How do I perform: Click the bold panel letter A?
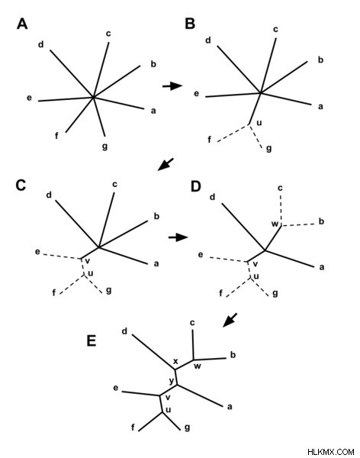(22, 24)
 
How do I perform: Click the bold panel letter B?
(190, 24)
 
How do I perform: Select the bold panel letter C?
(21, 185)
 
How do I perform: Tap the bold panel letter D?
(195, 186)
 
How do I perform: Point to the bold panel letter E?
(92, 340)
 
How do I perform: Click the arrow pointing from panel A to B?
(172, 85)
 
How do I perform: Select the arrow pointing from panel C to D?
(178, 237)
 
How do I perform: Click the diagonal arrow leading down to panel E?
(230, 320)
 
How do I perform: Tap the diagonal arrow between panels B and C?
(166, 164)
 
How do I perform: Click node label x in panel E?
(175, 361)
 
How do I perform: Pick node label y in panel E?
(172, 381)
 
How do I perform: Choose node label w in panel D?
(275, 224)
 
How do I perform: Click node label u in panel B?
(259, 123)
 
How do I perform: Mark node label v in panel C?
(87, 261)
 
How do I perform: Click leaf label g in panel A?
(104, 146)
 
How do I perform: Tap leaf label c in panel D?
(280, 188)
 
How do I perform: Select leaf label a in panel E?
(230, 407)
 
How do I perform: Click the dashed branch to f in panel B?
(233, 134)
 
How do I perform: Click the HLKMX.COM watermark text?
(330, 452)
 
